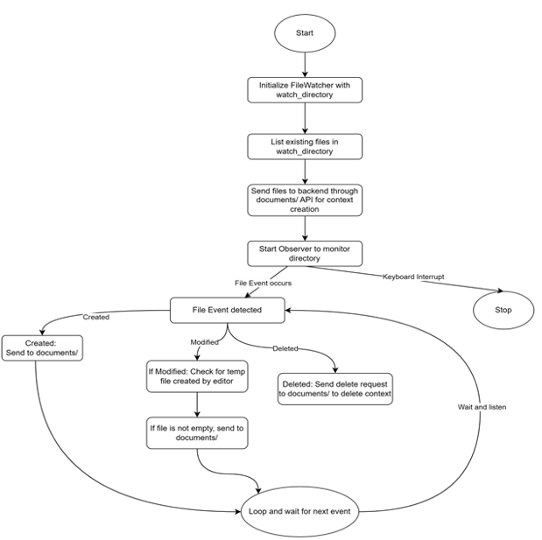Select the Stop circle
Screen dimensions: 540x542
pyautogui.click(x=503, y=310)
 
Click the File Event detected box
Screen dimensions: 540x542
pyautogui.click(x=228, y=310)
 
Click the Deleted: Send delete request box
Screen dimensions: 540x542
pyautogui.click(x=336, y=389)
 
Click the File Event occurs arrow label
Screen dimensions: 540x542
pyautogui.click(x=262, y=283)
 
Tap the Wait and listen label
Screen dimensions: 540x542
pyautogui.click(x=482, y=408)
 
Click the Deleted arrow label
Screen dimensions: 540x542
pyautogui.click(x=284, y=347)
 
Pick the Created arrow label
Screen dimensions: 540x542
pyautogui.click(x=95, y=317)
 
